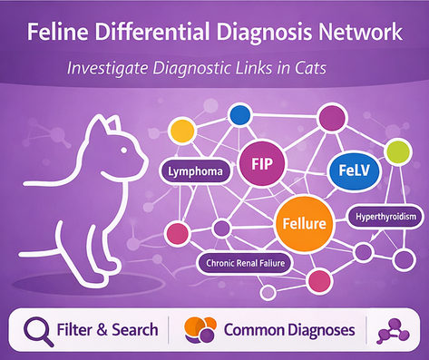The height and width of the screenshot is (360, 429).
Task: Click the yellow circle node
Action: [x=184, y=131]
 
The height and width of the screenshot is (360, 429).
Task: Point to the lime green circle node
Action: [x=396, y=151]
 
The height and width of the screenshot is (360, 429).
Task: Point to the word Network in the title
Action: [x=356, y=34]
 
